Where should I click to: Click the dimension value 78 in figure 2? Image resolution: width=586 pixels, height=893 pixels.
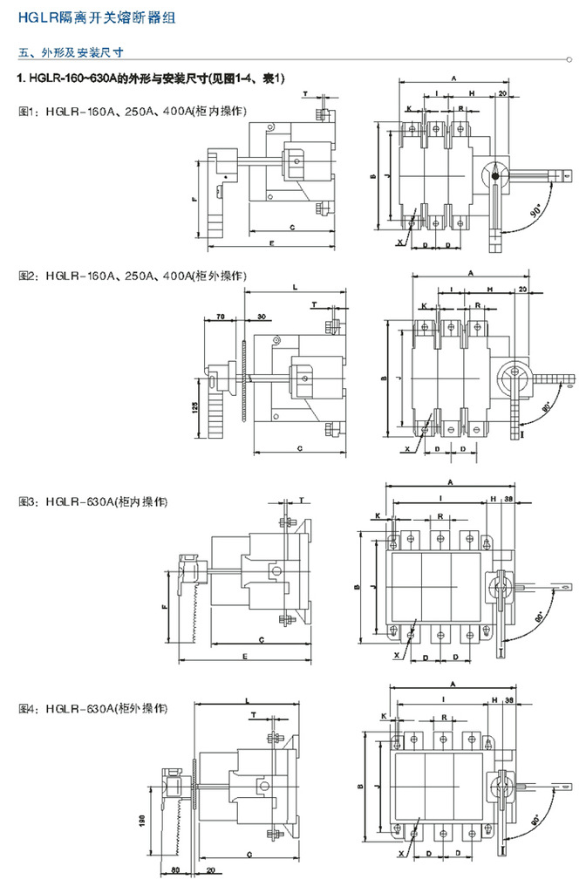click(221, 316)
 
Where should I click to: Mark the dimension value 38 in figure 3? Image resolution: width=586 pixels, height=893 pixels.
click(508, 498)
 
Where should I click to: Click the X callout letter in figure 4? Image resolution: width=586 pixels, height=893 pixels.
click(399, 854)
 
